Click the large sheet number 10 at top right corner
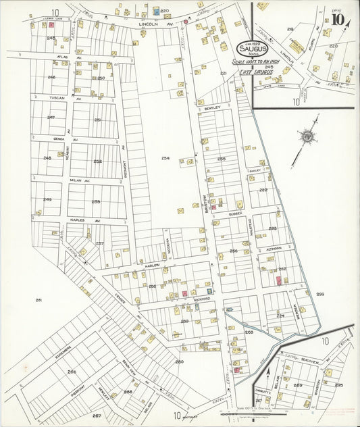click(336, 19)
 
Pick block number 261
click(38, 299)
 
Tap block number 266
click(71, 372)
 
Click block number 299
click(320, 294)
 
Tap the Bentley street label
click(213, 107)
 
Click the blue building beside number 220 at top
click(156, 11)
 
